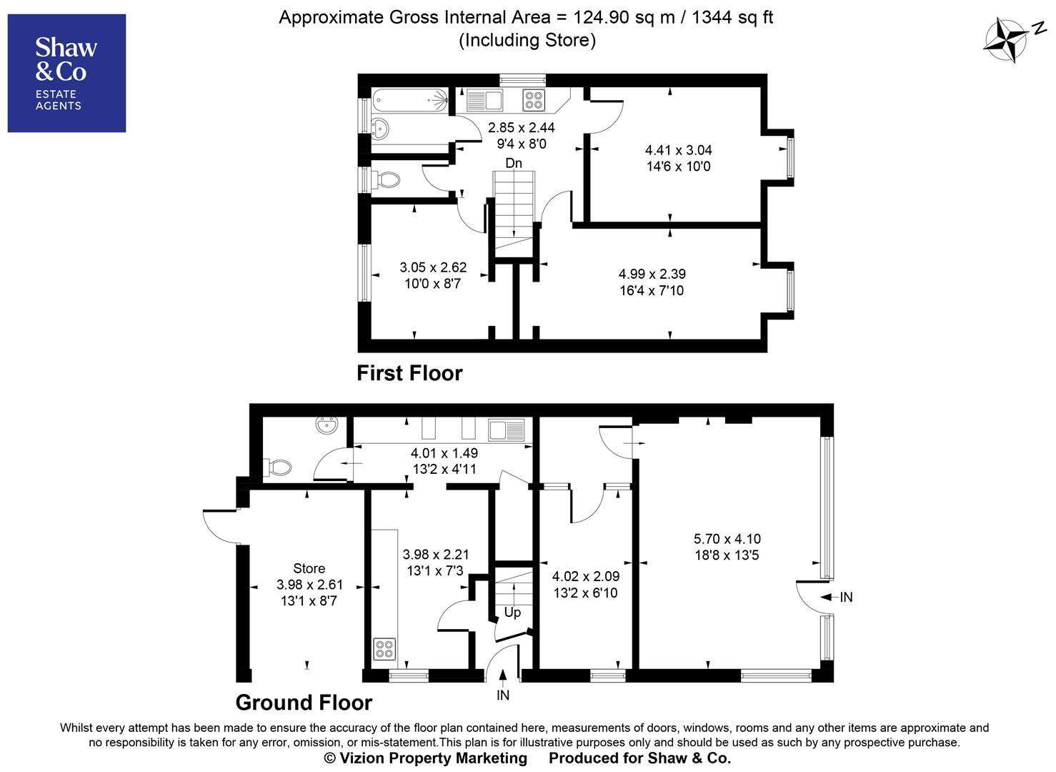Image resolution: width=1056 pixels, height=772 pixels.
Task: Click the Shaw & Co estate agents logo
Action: [66, 73]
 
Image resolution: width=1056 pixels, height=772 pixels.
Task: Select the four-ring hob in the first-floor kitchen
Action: [533, 100]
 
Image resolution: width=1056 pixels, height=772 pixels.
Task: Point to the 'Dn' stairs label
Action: [514, 164]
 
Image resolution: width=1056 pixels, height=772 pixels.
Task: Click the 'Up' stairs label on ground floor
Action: [512, 613]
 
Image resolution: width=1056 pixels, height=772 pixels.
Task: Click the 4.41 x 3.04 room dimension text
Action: [678, 150]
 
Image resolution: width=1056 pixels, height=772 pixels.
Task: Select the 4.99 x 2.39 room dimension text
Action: [652, 274]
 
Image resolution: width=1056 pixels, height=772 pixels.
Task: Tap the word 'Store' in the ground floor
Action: [309, 568]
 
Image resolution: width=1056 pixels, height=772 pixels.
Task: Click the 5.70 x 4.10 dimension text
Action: [727, 539]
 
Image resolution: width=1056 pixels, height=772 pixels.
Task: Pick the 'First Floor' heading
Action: [409, 373]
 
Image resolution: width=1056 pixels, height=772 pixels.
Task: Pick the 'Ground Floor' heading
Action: [304, 703]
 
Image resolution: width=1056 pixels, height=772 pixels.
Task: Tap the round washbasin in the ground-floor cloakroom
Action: [326, 427]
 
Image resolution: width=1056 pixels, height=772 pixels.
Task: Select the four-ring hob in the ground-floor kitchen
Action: [384, 649]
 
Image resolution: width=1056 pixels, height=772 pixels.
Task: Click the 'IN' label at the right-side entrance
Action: [847, 597]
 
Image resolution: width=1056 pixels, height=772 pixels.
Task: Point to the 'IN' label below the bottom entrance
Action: [503, 695]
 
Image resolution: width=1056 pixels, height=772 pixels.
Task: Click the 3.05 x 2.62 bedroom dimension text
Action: [433, 267]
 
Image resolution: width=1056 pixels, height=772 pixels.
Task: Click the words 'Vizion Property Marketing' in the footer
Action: [433, 758]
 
